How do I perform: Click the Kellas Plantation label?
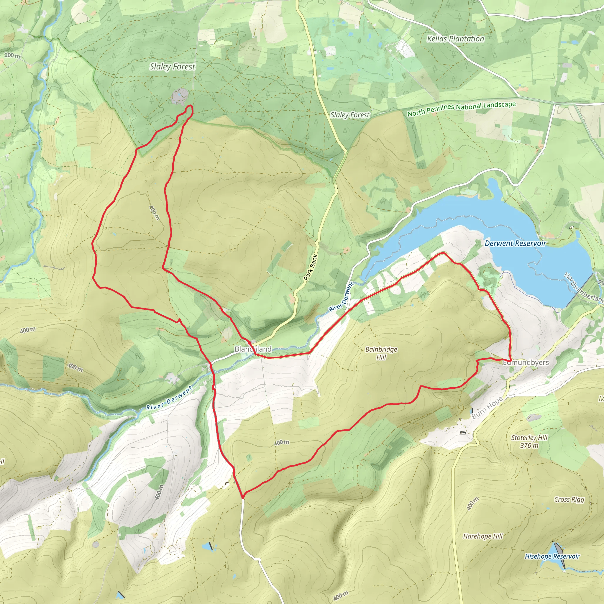tap(455, 39)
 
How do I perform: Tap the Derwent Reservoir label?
tap(515, 243)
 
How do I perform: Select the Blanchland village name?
tap(253, 349)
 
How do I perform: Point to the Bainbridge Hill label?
tap(381, 353)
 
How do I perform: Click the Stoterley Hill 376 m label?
tap(529, 441)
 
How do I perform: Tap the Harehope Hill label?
tap(483, 536)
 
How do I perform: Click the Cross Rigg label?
tap(569, 499)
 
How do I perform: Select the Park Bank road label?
tap(311, 267)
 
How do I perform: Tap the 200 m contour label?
tap(12, 56)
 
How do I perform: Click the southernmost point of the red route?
tap(243, 498)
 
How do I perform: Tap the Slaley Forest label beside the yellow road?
tap(350, 115)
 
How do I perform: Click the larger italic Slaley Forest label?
tap(172, 67)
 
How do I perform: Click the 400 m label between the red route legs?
tap(155, 213)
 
